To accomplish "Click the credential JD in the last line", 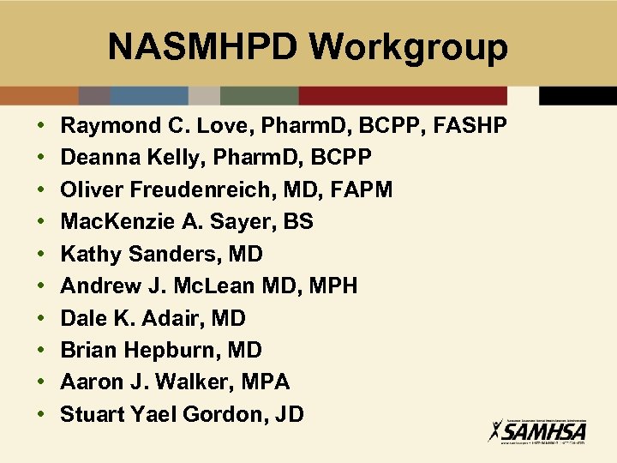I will pos(290,414).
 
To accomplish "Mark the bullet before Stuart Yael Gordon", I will pos(42,414).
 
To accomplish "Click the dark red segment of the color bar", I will pos(403,96).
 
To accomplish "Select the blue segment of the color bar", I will pos(149,96).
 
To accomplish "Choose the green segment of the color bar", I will pos(259,96).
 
